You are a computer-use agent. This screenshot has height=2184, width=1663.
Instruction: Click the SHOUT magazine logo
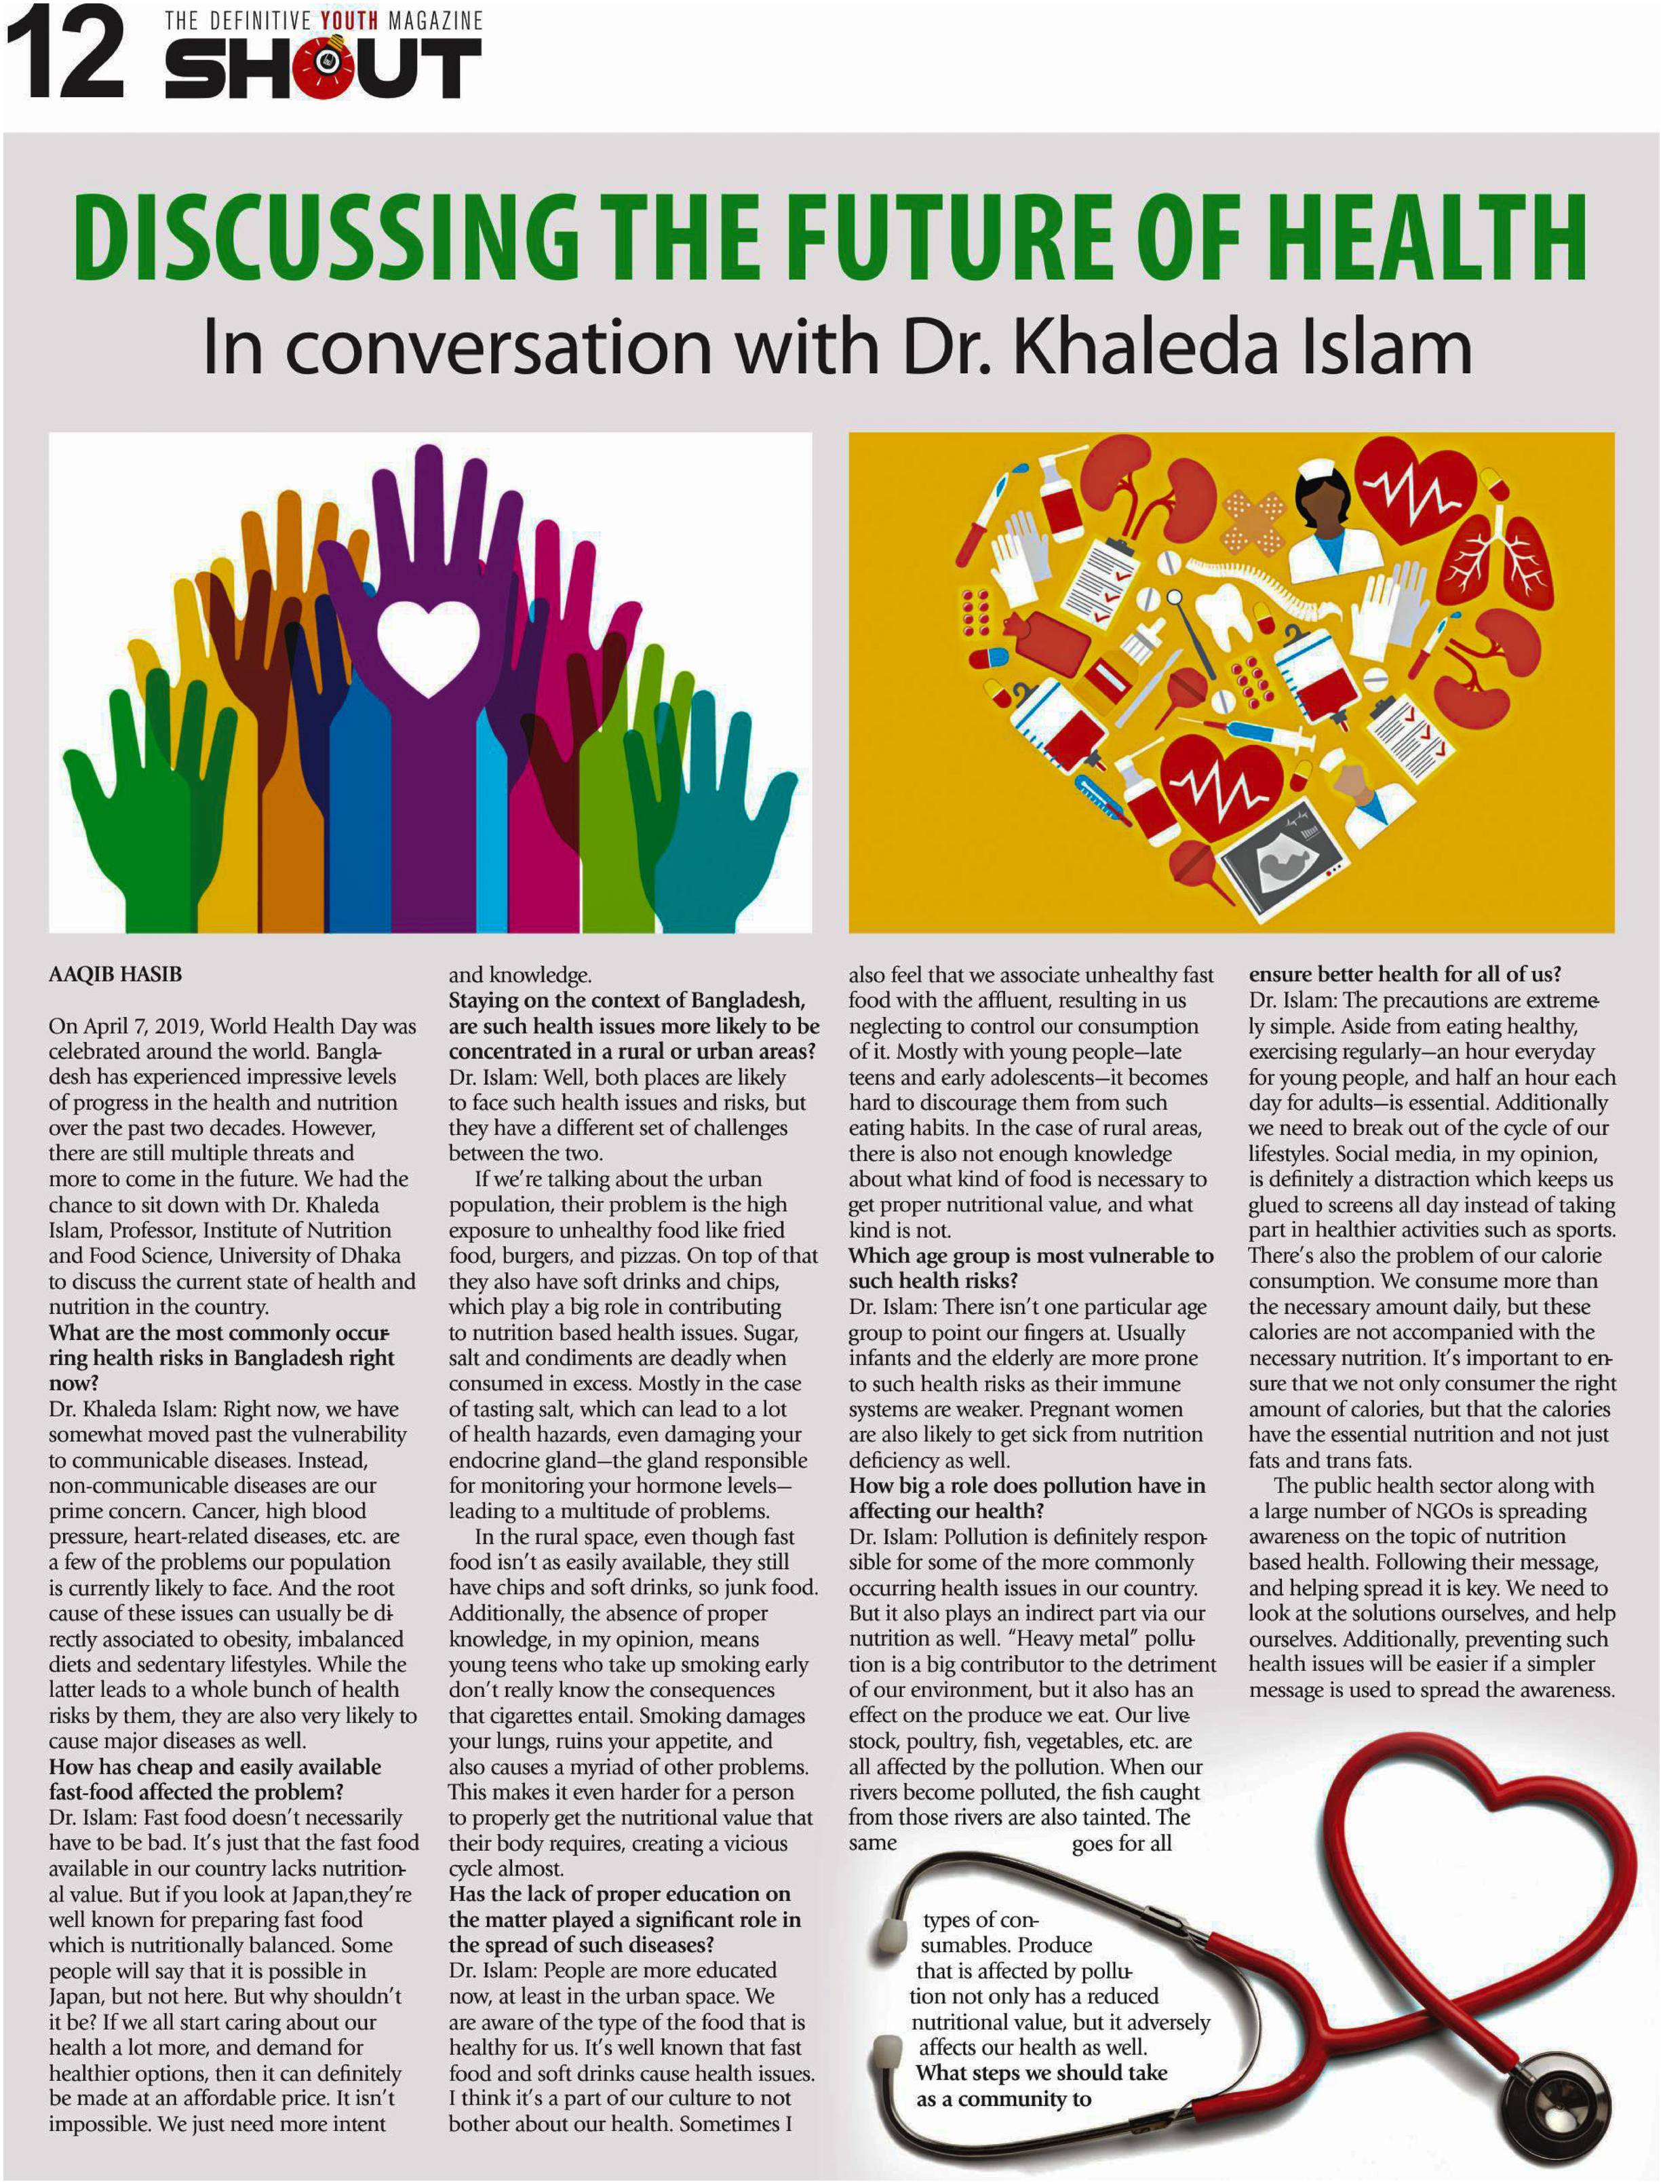[x=323, y=69]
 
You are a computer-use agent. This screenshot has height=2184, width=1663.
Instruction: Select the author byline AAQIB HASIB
[x=115, y=974]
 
